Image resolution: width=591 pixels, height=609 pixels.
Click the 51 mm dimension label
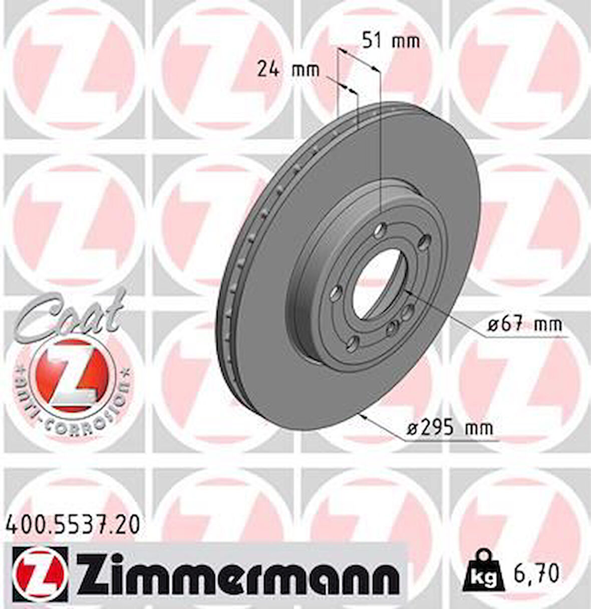[x=391, y=41]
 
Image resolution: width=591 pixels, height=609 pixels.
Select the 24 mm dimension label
[x=288, y=69]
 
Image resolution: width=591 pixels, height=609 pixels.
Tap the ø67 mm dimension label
[x=525, y=324]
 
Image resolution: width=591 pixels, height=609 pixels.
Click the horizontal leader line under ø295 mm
[x=451, y=441]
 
